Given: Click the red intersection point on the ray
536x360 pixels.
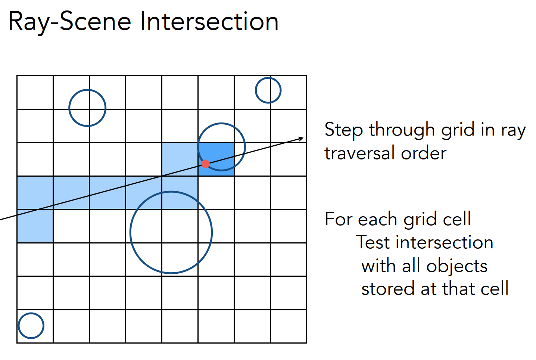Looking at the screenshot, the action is pyautogui.click(x=205, y=164).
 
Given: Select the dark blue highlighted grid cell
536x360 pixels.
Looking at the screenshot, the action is pyautogui.click(x=216, y=159).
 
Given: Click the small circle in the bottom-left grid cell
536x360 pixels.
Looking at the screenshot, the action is pyautogui.click(x=31, y=326).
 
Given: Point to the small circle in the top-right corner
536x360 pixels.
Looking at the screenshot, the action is pyautogui.click(x=268, y=90).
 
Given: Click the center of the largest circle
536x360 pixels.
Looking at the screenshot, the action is pyautogui.click(x=171, y=232).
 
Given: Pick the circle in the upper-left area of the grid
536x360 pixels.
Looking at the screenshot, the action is pyautogui.click(x=87, y=108).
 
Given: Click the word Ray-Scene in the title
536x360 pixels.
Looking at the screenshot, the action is pyautogui.click(x=69, y=22).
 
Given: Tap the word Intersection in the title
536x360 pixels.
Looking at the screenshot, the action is pyautogui.click(x=209, y=22).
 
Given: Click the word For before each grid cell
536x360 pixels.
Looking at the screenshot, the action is pyautogui.click(x=338, y=219).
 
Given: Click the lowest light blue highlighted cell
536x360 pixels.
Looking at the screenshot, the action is pyautogui.click(x=35, y=226).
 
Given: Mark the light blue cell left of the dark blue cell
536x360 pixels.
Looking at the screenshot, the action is pyautogui.click(x=180, y=159).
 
